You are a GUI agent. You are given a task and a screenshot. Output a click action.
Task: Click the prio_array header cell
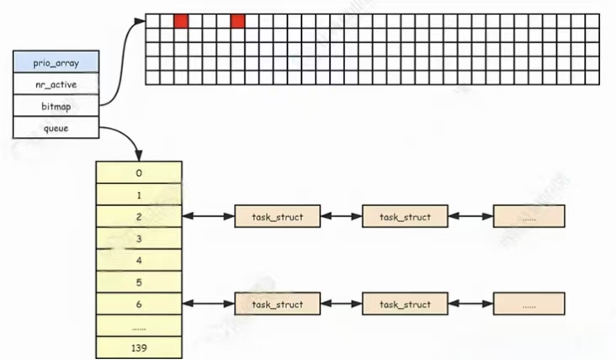56,62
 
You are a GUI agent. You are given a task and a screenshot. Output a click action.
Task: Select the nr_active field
56,84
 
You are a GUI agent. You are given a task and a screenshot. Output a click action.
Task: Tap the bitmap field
56,106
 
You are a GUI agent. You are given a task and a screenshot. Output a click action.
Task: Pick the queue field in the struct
56,128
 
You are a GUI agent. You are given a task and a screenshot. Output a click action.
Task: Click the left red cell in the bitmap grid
181,21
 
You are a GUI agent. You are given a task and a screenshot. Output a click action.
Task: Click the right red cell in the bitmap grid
237,21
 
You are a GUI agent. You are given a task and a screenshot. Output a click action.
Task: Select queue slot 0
139,172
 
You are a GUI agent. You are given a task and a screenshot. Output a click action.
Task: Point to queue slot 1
139,194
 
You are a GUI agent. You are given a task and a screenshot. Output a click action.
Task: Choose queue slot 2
139,216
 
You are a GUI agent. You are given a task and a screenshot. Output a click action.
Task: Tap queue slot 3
139,238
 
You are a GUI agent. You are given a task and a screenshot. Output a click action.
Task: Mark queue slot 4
139,260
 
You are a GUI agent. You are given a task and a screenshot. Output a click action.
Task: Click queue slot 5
139,282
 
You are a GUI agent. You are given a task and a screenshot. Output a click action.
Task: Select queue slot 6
139,304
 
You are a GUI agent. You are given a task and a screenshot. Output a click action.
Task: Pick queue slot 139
139,347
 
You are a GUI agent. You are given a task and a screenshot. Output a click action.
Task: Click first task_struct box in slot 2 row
277,216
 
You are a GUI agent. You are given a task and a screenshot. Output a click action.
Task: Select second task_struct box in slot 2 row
405,216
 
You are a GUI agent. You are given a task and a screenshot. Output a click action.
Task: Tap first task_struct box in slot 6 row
277,304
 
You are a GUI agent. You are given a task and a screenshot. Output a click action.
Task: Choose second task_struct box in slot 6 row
405,304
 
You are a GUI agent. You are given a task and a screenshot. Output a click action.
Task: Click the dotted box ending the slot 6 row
528,304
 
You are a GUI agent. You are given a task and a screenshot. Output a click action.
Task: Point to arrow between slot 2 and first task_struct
208,216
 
